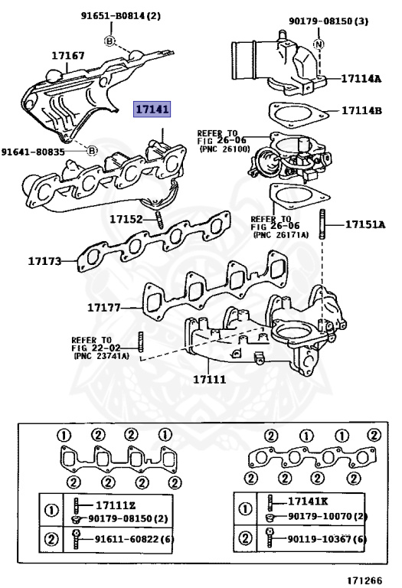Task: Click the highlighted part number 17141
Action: point(152,109)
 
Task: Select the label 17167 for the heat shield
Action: point(68,55)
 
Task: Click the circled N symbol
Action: point(319,44)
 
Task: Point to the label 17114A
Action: point(361,78)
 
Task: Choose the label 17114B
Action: point(361,110)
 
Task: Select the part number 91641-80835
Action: point(33,152)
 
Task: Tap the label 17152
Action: point(126,219)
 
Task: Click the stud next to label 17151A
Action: point(322,224)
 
